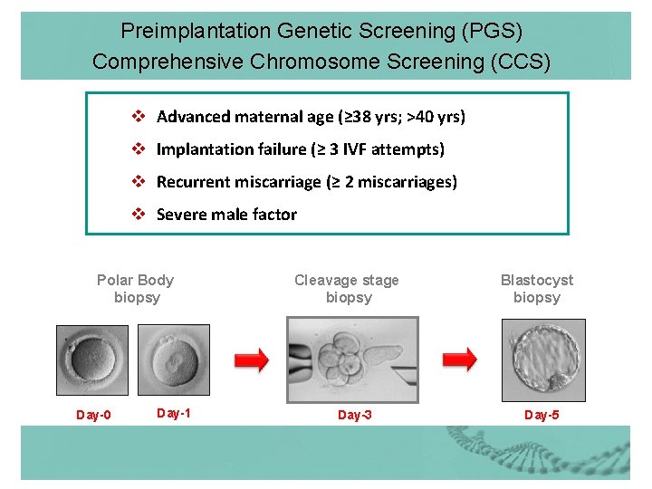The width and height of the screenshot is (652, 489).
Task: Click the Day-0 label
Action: point(93,415)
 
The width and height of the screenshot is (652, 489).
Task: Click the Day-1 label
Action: point(174,413)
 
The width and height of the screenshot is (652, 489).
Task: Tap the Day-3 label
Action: point(355,415)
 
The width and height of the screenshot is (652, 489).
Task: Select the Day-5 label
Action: point(542,415)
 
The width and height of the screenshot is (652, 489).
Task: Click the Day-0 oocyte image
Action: point(91,360)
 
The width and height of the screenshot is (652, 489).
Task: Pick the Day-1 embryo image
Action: point(173,360)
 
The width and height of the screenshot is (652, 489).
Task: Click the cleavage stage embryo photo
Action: point(352,360)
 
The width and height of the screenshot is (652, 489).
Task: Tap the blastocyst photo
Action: point(543,355)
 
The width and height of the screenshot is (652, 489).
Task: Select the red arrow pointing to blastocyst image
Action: point(459,360)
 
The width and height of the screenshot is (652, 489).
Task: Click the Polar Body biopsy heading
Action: point(136,289)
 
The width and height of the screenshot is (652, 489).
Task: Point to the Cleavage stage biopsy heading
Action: point(347,289)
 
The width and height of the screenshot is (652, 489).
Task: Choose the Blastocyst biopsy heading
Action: point(537,289)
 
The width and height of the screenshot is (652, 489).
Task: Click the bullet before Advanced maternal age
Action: point(139,116)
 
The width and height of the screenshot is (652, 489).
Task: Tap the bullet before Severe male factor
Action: point(139,214)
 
